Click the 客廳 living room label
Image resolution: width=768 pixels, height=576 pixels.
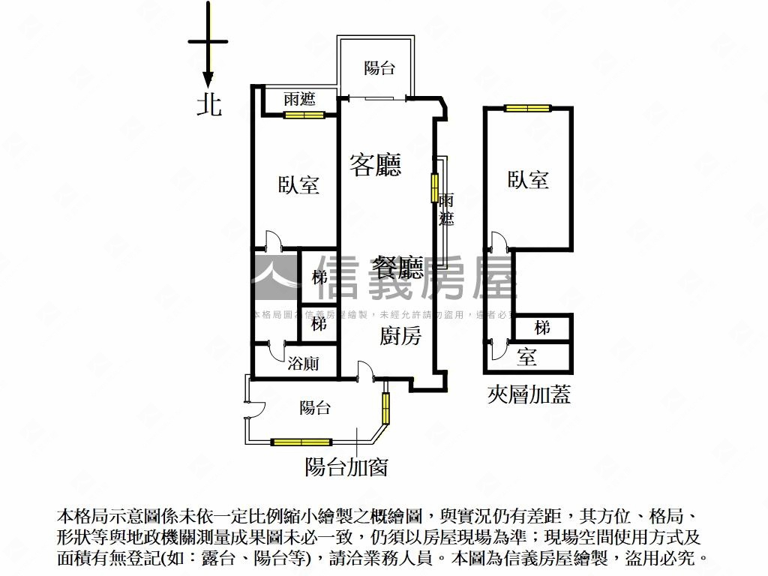coord(375,164)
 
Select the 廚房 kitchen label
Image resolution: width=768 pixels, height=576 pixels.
coord(400,337)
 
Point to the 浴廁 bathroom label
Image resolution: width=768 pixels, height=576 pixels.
coord(303,364)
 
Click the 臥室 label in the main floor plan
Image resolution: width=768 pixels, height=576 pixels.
coord(298,184)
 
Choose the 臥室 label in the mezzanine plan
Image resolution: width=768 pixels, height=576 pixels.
coord(528,178)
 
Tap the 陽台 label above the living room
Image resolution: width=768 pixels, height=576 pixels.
coord(379,68)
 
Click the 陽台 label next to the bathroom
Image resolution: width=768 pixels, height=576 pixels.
coord(315,408)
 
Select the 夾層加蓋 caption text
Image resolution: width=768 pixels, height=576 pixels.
coord(529,394)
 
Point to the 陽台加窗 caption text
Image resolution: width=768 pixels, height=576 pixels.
coord(346,467)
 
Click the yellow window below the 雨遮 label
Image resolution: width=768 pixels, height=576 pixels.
coord(304,115)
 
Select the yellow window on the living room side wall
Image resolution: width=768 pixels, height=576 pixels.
coord(433,187)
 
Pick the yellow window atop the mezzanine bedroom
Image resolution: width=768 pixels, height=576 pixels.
coord(527,108)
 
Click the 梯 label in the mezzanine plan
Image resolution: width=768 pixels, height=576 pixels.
coord(542,328)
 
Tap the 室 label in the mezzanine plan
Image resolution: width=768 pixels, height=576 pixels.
coord(527,357)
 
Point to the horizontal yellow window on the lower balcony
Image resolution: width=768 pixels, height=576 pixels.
coord(301,442)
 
